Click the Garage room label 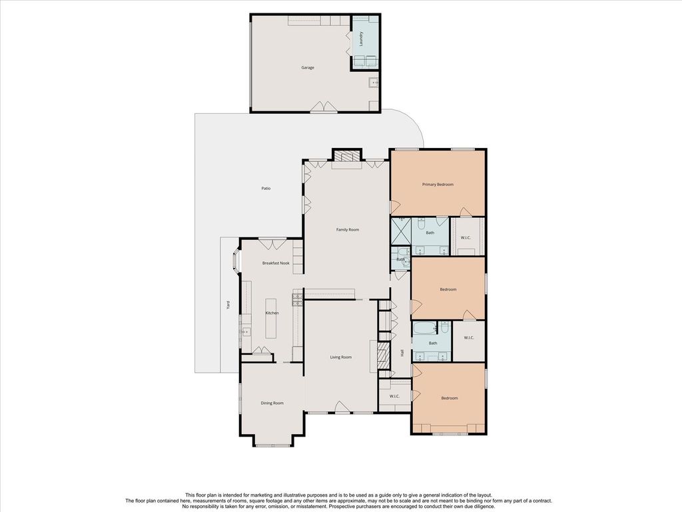(308, 67)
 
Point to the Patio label (266, 189)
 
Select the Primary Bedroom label (438, 185)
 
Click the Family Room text (348, 229)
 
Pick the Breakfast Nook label (276, 263)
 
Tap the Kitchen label (272, 313)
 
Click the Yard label (228, 305)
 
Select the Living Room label (340, 357)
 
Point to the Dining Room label (272, 403)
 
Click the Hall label (402, 353)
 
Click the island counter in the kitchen (270, 318)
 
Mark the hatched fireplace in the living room (382, 356)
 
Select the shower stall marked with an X (401, 232)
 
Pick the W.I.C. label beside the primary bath (466, 238)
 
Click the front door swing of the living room (342, 407)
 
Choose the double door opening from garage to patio (323, 107)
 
